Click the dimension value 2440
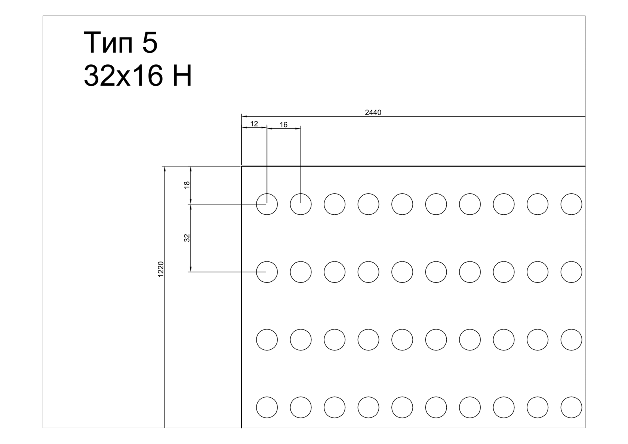pyautogui.click(x=373, y=113)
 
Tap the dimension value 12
pyautogui.click(x=254, y=124)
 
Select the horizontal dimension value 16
pyautogui.click(x=284, y=125)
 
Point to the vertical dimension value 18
pyautogui.click(x=187, y=185)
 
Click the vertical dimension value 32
pyautogui.click(x=187, y=238)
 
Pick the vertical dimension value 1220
pyautogui.click(x=161, y=269)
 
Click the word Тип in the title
pyautogui.click(x=108, y=43)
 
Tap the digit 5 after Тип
pyautogui.click(x=150, y=43)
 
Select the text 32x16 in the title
pyautogui.click(x=123, y=76)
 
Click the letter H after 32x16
pyautogui.click(x=182, y=76)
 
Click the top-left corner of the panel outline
pyautogui.click(x=241, y=166)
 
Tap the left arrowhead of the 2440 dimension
pyautogui.click(x=244, y=116)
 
